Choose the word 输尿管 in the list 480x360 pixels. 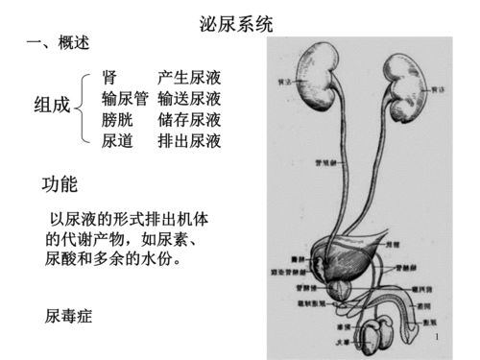pos(125,99)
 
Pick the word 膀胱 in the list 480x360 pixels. pos(117,121)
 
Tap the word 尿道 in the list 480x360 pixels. pos(117,142)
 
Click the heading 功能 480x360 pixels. pos(60,183)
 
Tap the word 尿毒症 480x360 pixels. pos(69,315)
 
